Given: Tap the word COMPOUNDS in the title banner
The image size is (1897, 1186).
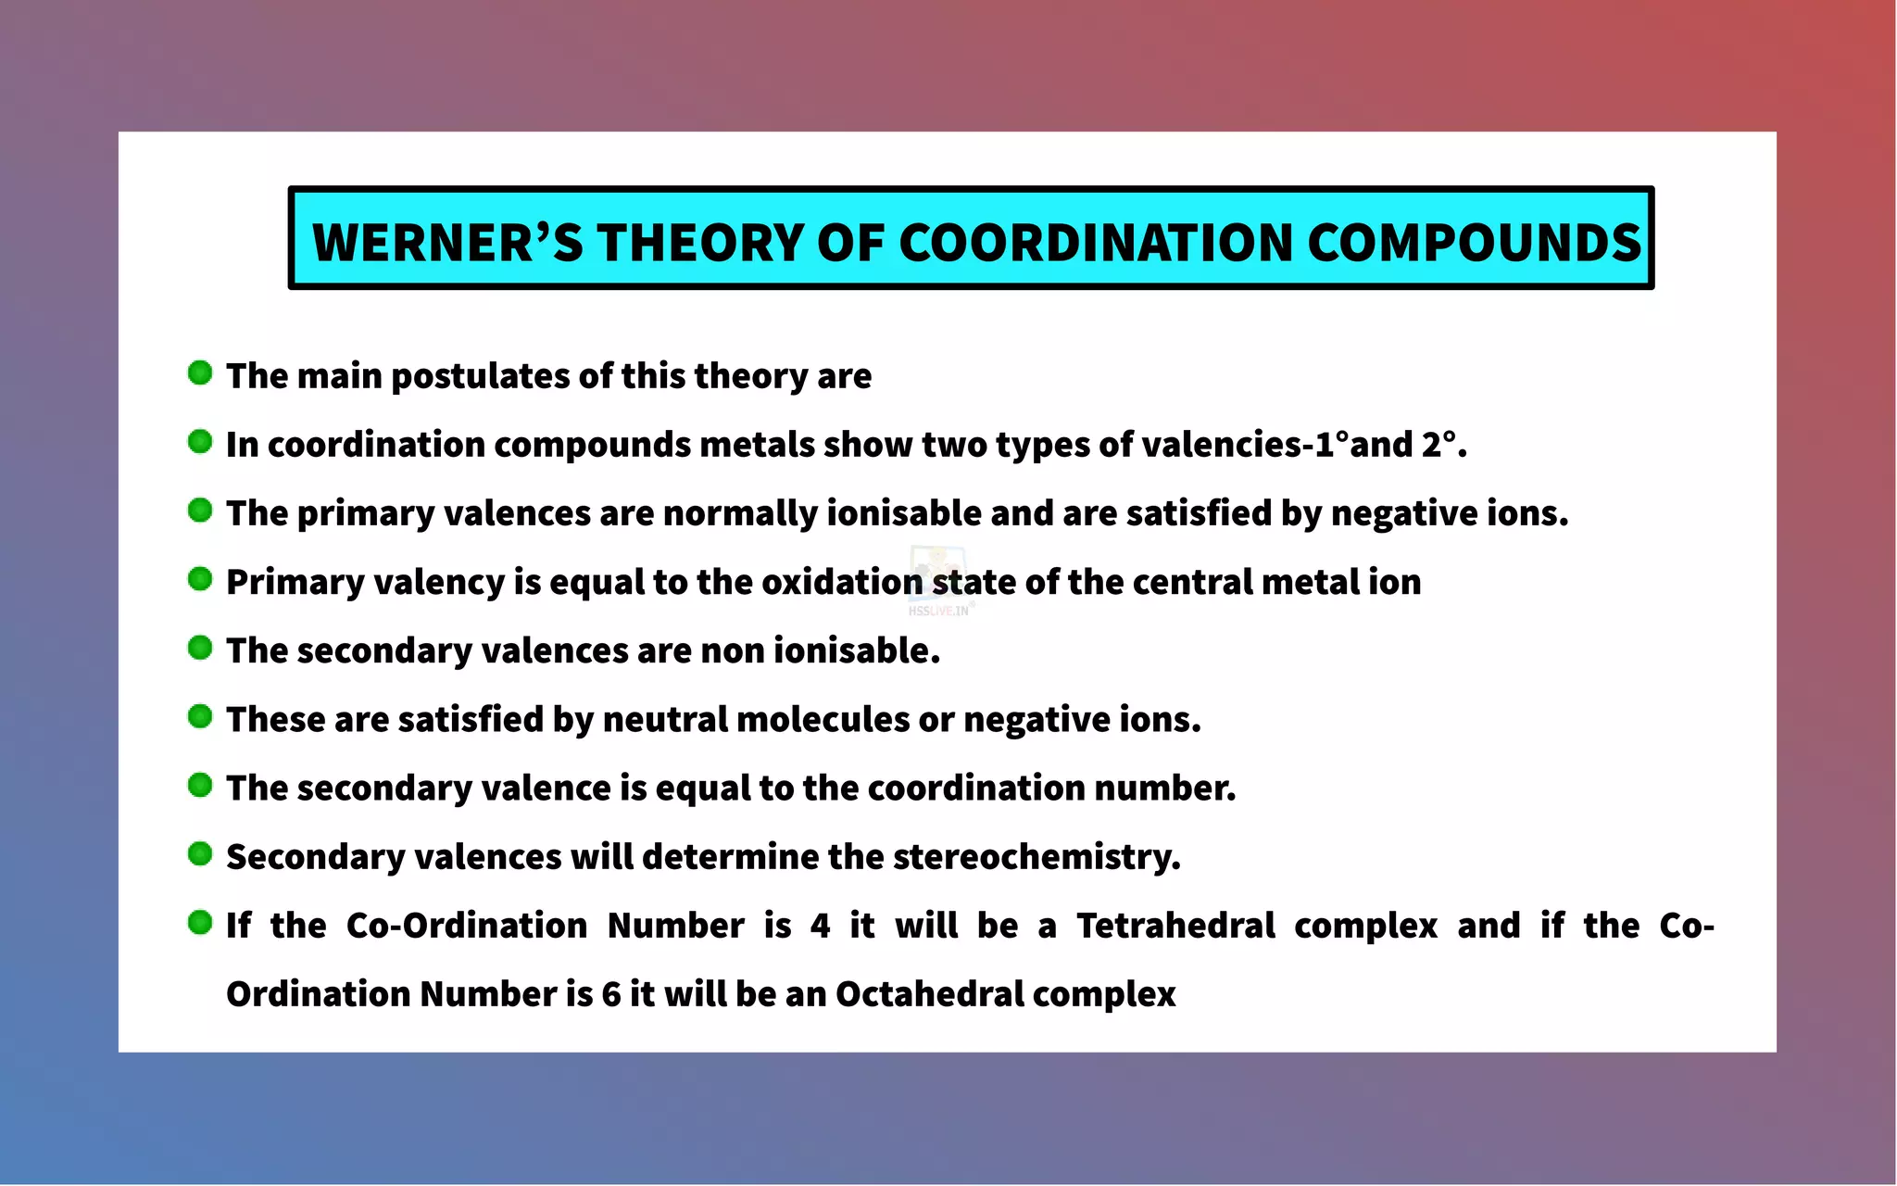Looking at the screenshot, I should (x=1474, y=243).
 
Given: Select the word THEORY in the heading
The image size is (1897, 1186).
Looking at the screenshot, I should (x=700, y=243).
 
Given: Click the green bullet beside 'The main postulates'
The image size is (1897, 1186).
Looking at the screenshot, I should (x=200, y=373).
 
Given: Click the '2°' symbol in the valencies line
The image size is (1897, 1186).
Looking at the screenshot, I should (x=1438, y=445).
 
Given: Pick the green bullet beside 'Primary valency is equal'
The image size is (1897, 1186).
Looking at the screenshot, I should (x=200, y=579).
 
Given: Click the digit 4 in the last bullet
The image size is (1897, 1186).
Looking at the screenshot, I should (x=820, y=926).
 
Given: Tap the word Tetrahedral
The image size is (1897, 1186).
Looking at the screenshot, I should (x=1175, y=926).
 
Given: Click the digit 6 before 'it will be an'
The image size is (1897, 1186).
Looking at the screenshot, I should (x=611, y=994).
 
